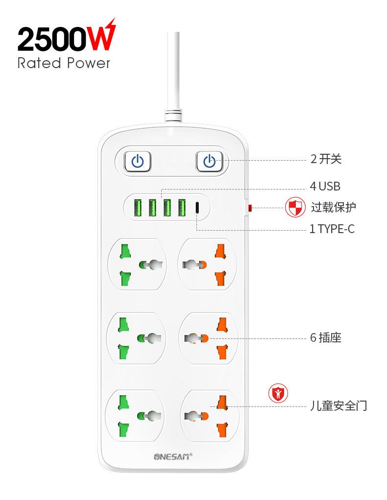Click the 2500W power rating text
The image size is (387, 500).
tap(66, 38)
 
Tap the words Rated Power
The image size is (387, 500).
tap(64, 63)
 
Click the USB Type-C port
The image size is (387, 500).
tap(197, 208)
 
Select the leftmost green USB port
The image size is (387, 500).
tap(138, 208)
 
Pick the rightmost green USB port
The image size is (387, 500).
tap(182, 208)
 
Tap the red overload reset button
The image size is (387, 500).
tap(249, 208)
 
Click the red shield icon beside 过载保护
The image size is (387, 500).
tap(295, 208)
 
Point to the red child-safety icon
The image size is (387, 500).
tap(278, 393)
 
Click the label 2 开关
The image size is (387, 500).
tap(326, 159)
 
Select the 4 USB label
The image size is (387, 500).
tap(325, 186)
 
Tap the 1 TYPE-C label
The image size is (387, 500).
tap(332, 229)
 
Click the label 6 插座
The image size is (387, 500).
tap(325, 338)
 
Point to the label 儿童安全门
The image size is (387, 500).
tap(338, 406)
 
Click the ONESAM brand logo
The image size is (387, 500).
tap(172, 456)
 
